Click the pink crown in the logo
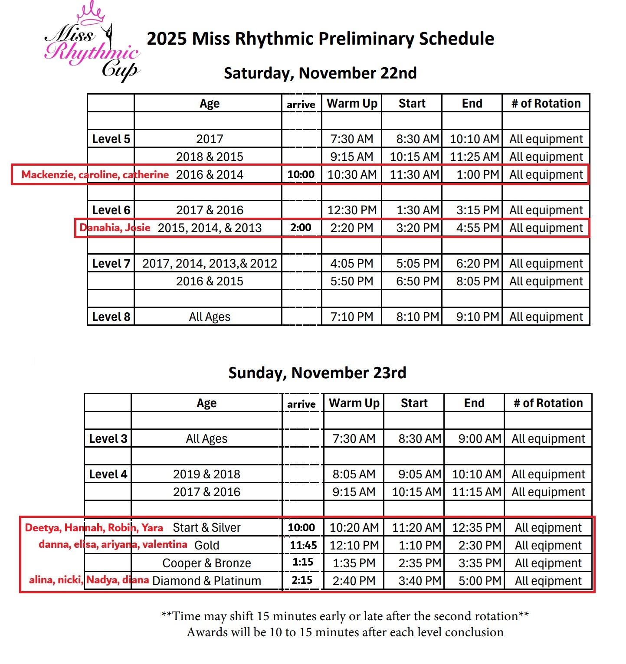pyautogui.click(x=91, y=13)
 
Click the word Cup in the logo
pyautogui.click(x=120, y=69)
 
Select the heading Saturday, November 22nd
pyautogui.click(x=320, y=73)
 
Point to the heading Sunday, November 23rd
pyautogui.click(x=317, y=373)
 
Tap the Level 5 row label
pyautogui.click(x=111, y=139)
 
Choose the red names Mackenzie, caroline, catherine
pyautogui.click(x=95, y=175)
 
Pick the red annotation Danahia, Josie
pyautogui.click(x=115, y=228)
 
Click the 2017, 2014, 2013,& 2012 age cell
pyautogui.click(x=210, y=263)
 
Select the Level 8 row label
pyautogui.click(x=111, y=317)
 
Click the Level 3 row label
pyautogui.click(x=108, y=438)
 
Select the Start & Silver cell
pyautogui.click(x=206, y=527)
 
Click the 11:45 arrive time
pyautogui.click(x=303, y=545)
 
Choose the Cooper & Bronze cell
pyautogui.click(x=206, y=563)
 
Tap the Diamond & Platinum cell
pyautogui.click(x=206, y=581)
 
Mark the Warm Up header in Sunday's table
pyautogui.click(x=354, y=403)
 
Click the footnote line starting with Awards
pyautogui.click(x=345, y=632)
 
